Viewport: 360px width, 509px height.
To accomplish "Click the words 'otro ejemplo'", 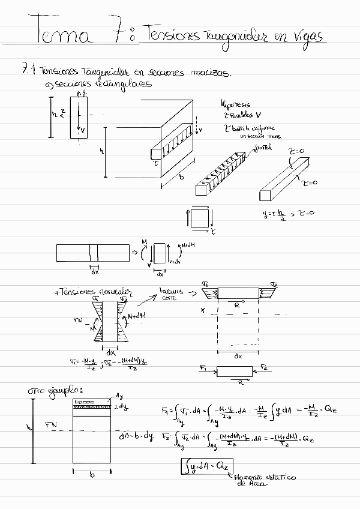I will tap(51, 391).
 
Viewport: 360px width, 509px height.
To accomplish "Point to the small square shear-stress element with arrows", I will tap(200, 218).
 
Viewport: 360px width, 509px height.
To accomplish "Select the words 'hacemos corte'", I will tap(168, 294).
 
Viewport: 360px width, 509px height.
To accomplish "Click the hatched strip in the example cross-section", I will tap(91, 407).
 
